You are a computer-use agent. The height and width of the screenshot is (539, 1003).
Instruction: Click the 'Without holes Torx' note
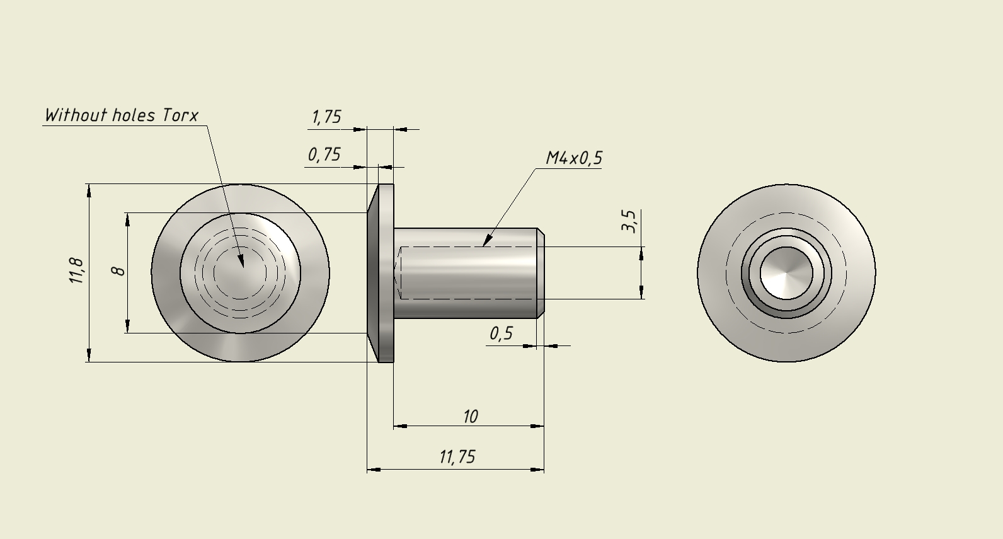pyautogui.click(x=122, y=115)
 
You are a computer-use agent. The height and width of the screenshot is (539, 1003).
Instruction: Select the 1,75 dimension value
pyautogui.click(x=326, y=117)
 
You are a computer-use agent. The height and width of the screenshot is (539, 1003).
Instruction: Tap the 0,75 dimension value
pyautogui.click(x=324, y=154)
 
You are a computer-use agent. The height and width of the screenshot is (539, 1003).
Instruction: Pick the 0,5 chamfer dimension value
pyautogui.click(x=501, y=333)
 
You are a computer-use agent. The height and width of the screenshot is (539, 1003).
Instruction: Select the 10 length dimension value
pyautogui.click(x=470, y=417)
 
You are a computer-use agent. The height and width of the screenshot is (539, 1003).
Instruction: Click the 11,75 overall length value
pyautogui.click(x=457, y=457)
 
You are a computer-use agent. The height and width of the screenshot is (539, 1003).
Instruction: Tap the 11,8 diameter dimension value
pyautogui.click(x=77, y=270)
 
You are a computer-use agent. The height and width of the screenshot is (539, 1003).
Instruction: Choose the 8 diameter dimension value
pyautogui.click(x=120, y=270)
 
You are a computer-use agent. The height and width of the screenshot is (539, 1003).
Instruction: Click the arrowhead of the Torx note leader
pyautogui.click(x=241, y=261)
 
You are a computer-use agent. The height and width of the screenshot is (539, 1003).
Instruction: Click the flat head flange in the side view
pyautogui.click(x=381, y=273)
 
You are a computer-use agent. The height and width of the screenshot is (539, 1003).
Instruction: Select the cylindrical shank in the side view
pyautogui.click(x=465, y=273)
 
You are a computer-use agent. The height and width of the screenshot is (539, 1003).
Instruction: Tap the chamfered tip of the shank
pyautogui.click(x=541, y=273)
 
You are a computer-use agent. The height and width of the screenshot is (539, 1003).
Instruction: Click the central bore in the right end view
pyautogui.click(x=786, y=273)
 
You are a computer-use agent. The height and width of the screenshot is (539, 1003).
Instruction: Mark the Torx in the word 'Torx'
pyautogui.click(x=180, y=115)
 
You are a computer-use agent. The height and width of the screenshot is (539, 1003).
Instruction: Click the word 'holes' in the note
pyautogui.click(x=134, y=115)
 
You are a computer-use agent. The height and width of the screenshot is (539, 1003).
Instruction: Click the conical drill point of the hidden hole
pyautogui.click(x=398, y=273)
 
